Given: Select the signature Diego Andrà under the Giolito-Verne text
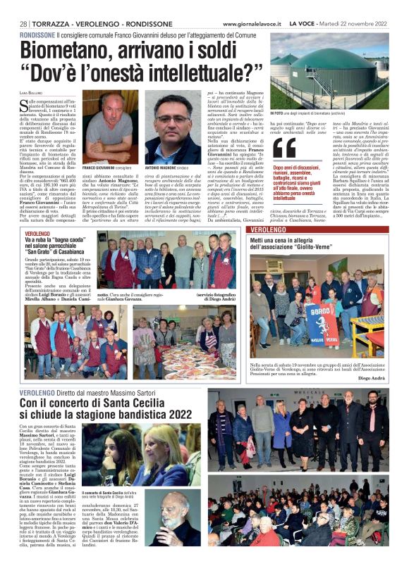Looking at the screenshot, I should pyautogui.click(x=374, y=378).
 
